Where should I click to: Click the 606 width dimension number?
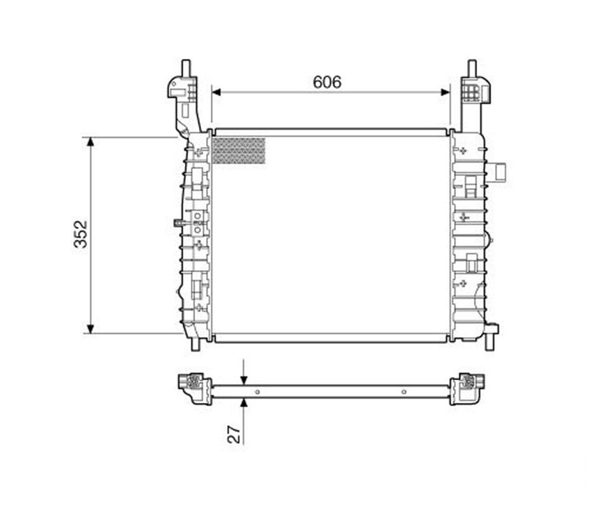tap(327, 82)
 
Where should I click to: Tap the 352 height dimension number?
tap(81, 234)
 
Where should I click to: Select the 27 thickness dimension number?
tap(233, 434)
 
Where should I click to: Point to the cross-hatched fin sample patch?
tap(238, 151)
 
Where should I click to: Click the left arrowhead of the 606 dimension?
tap(217, 93)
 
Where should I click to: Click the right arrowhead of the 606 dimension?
tap(445, 93)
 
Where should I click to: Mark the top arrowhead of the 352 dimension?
tap(90, 142)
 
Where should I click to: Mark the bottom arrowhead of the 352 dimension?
tap(90, 329)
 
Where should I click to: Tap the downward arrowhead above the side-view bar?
tap(244, 381)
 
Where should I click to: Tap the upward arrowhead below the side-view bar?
tap(244, 403)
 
